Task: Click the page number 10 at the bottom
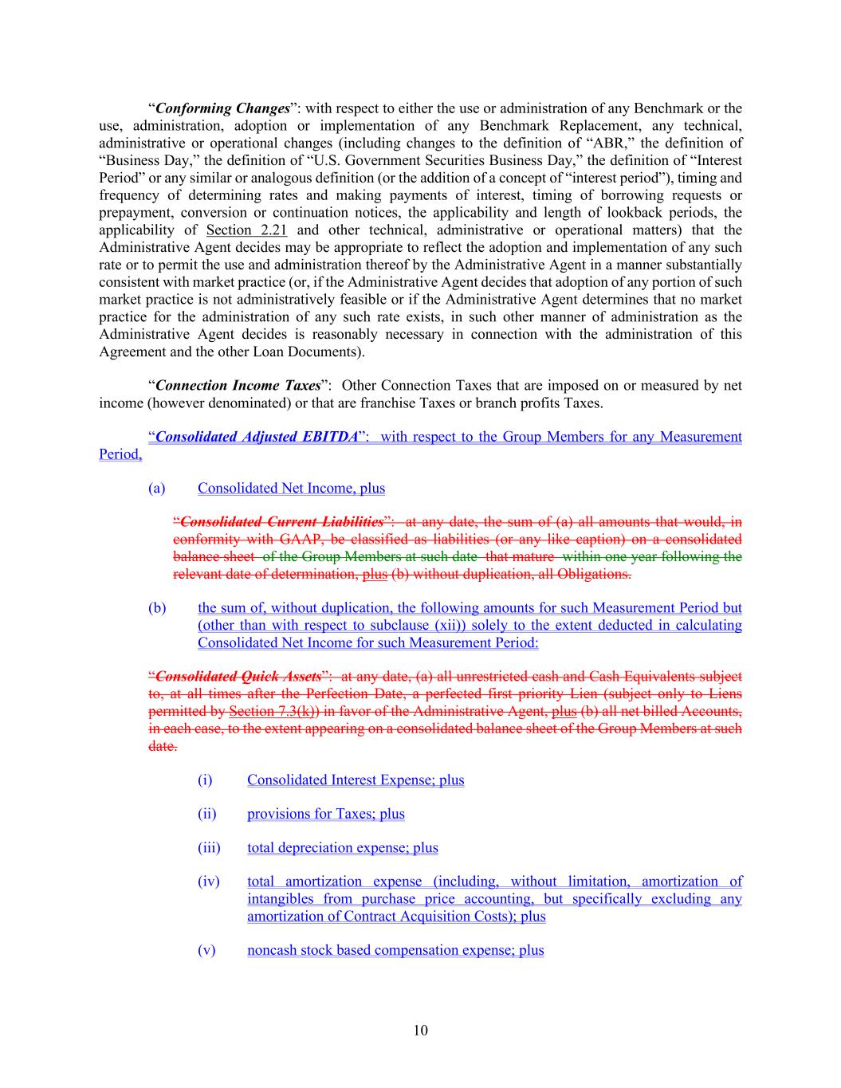point(420,1031)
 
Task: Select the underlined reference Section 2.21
point(246,230)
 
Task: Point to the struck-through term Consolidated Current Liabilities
point(281,522)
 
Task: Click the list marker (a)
point(156,488)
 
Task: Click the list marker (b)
point(156,608)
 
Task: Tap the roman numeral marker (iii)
point(208,848)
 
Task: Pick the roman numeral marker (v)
point(206,950)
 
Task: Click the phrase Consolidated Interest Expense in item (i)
point(334,780)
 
